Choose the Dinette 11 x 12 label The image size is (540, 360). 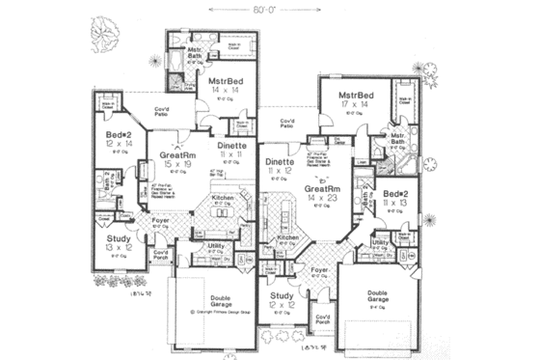tap(280, 165)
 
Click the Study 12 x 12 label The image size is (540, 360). tap(283, 300)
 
